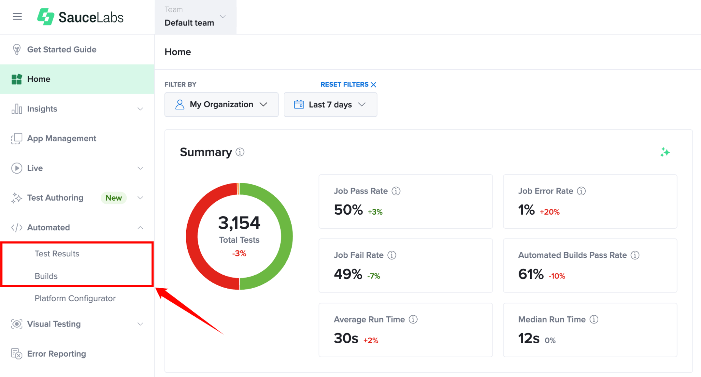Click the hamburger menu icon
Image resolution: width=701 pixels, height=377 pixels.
pyautogui.click(x=17, y=16)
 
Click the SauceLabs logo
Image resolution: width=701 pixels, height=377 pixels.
pyautogui.click(x=80, y=17)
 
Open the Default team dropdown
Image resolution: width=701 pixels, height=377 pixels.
pyautogui.click(x=195, y=17)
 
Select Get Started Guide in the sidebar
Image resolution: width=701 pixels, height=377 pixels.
pyautogui.click(x=62, y=49)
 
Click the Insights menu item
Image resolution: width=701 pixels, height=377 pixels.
pyautogui.click(x=42, y=109)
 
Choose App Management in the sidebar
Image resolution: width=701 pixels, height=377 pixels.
pyautogui.click(x=62, y=139)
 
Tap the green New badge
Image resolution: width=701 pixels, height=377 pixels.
pyautogui.click(x=114, y=198)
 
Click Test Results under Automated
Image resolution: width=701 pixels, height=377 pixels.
pyautogui.click(x=57, y=254)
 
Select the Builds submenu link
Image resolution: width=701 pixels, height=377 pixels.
pyautogui.click(x=46, y=276)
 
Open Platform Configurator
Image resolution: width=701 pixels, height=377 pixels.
pyautogui.click(x=75, y=298)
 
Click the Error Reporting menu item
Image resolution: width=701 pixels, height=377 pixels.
pyautogui.click(x=56, y=354)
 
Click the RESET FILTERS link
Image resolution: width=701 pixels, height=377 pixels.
pyautogui.click(x=348, y=85)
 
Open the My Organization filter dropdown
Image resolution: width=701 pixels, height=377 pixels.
pyautogui.click(x=221, y=105)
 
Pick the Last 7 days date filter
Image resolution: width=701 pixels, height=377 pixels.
pyautogui.click(x=330, y=105)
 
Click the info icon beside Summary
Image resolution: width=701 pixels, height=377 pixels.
pyautogui.click(x=240, y=152)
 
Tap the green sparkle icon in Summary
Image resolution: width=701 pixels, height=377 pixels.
pyautogui.click(x=665, y=152)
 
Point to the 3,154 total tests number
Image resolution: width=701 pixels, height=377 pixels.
pyautogui.click(x=239, y=223)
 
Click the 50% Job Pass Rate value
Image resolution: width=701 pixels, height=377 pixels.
pyautogui.click(x=348, y=210)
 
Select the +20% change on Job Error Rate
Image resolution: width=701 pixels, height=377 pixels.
pyautogui.click(x=550, y=212)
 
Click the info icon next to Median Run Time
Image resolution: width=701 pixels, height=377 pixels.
pyautogui.click(x=594, y=319)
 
